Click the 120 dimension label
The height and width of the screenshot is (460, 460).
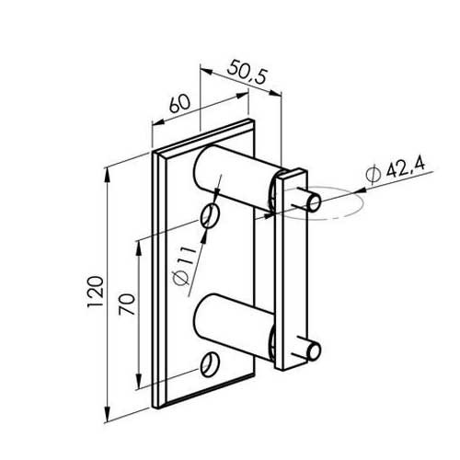pos(95,292)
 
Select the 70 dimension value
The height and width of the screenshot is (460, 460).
pos(127,305)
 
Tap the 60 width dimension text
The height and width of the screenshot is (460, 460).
pos(179,103)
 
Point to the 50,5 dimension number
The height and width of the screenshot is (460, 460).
pos(247,73)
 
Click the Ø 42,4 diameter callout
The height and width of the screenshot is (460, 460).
pos(396,171)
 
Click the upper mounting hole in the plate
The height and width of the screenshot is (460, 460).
pos(211,216)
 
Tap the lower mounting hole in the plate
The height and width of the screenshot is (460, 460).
pos(210,364)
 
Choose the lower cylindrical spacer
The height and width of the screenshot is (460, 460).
pos(233,327)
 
